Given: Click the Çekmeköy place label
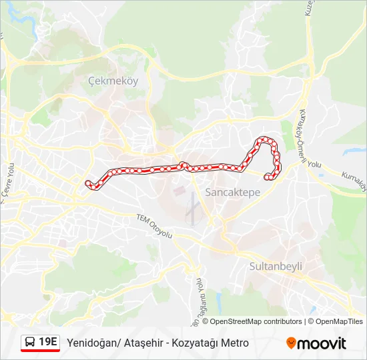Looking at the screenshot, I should (x=112, y=81).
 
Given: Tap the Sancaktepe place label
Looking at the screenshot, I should (x=232, y=192).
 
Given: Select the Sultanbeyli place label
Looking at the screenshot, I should (x=276, y=266).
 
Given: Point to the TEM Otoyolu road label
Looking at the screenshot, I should (x=154, y=226).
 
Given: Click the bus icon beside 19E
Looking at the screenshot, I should (x=30, y=343).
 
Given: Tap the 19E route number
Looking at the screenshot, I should (x=48, y=342).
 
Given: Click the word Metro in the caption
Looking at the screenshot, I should (x=235, y=343).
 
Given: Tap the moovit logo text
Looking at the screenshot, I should (x=322, y=343).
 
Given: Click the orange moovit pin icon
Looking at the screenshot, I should (x=291, y=343).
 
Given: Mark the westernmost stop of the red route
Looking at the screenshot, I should (x=88, y=183).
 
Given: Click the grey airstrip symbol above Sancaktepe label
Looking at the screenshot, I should (x=192, y=208).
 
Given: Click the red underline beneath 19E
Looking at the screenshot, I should (x=40, y=351).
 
